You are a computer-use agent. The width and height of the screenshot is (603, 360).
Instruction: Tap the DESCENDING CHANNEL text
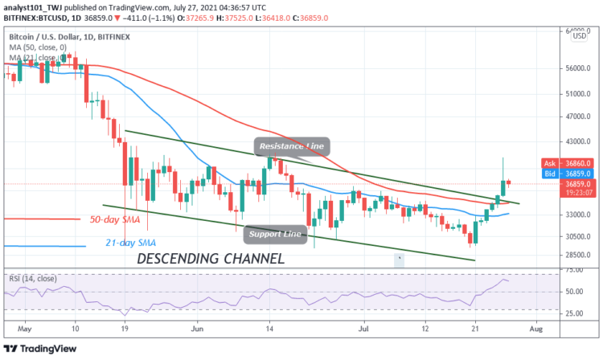[x=210, y=260]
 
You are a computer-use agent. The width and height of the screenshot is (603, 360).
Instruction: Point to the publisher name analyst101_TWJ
[x=31, y=6]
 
